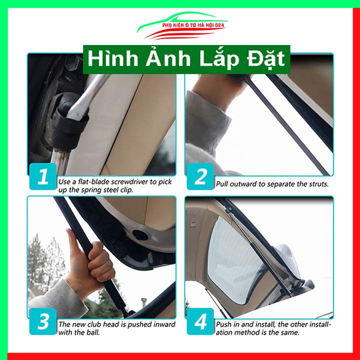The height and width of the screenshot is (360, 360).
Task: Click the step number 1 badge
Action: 43,177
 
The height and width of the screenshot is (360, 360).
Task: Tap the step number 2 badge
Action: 200,177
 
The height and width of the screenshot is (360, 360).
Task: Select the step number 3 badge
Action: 43,321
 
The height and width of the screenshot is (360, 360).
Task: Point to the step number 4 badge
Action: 200,321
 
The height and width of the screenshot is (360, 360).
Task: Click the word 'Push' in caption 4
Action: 223,324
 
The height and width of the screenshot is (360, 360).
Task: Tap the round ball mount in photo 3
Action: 141,235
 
